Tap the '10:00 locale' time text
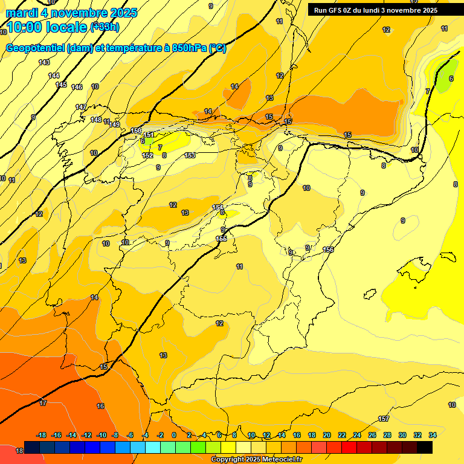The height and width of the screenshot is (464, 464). coord(46,27)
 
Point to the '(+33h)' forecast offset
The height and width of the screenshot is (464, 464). coord(105,27)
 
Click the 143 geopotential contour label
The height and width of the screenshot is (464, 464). coord(44,62)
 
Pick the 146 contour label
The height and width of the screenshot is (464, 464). coord(77,88)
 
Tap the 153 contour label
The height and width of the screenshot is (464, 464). coord(190,156)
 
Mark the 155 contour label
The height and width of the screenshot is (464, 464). coord(222,239)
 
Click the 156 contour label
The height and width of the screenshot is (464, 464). coord(328,250)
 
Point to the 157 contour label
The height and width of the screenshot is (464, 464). coord(384,419)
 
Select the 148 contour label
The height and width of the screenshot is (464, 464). coord(96,120)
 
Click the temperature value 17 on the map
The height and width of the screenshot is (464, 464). coord(43,403)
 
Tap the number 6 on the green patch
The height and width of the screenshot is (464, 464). coord(451,79)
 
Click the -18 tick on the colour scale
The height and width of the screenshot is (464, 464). coord(42,435)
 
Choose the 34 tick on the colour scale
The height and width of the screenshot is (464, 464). coord(433,435)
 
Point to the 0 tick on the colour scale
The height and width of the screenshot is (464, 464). coord(174,435)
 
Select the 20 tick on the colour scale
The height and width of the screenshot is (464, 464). coord(327,435)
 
